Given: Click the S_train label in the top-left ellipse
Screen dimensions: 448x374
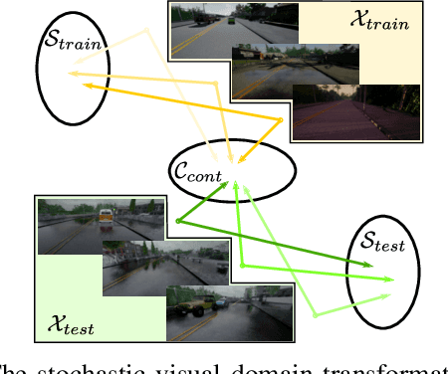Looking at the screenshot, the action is pyautogui.click(x=73, y=41).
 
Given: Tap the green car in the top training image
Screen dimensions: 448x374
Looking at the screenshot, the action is pyautogui.click(x=232, y=19).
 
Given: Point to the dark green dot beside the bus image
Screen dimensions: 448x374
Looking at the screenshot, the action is pyautogui.click(x=177, y=221).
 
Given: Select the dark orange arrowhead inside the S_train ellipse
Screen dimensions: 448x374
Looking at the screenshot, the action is pyautogui.click(x=89, y=87).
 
